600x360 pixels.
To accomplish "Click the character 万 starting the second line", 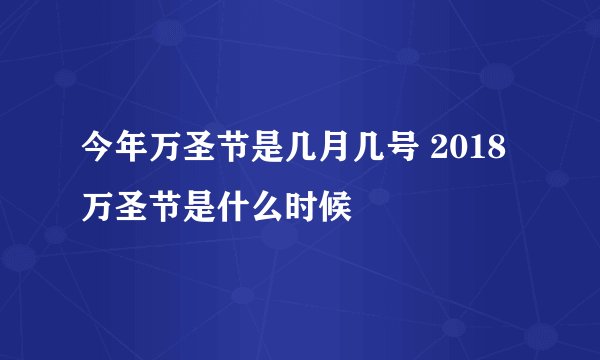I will click(x=97, y=196).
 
